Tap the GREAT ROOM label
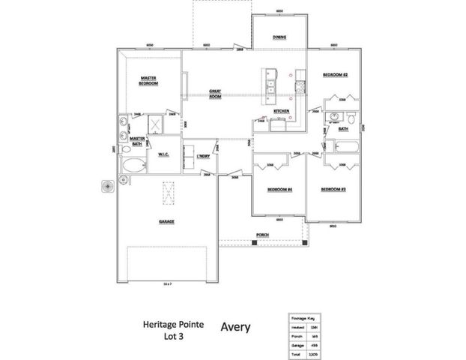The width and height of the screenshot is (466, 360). pyautogui.click(x=214, y=94)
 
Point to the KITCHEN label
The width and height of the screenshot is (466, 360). pyautogui.click(x=281, y=111)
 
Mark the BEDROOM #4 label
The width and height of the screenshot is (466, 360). pyautogui.click(x=279, y=190)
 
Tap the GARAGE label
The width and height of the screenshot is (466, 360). pyautogui.click(x=166, y=222)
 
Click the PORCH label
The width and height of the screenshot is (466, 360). pyautogui.click(x=262, y=235)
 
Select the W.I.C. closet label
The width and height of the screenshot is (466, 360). pyautogui.click(x=162, y=154)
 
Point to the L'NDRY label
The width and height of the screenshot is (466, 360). pyautogui.click(x=203, y=155)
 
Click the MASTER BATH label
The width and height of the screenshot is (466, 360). pyautogui.click(x=136, y=140)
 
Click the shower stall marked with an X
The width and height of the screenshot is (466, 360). pyautogui.click(x=157, y=124)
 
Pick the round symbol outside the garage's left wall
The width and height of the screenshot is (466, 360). pyautogui.click(x=107, y=184)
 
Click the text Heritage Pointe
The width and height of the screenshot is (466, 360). pyautogui.click(x=168, y=325)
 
